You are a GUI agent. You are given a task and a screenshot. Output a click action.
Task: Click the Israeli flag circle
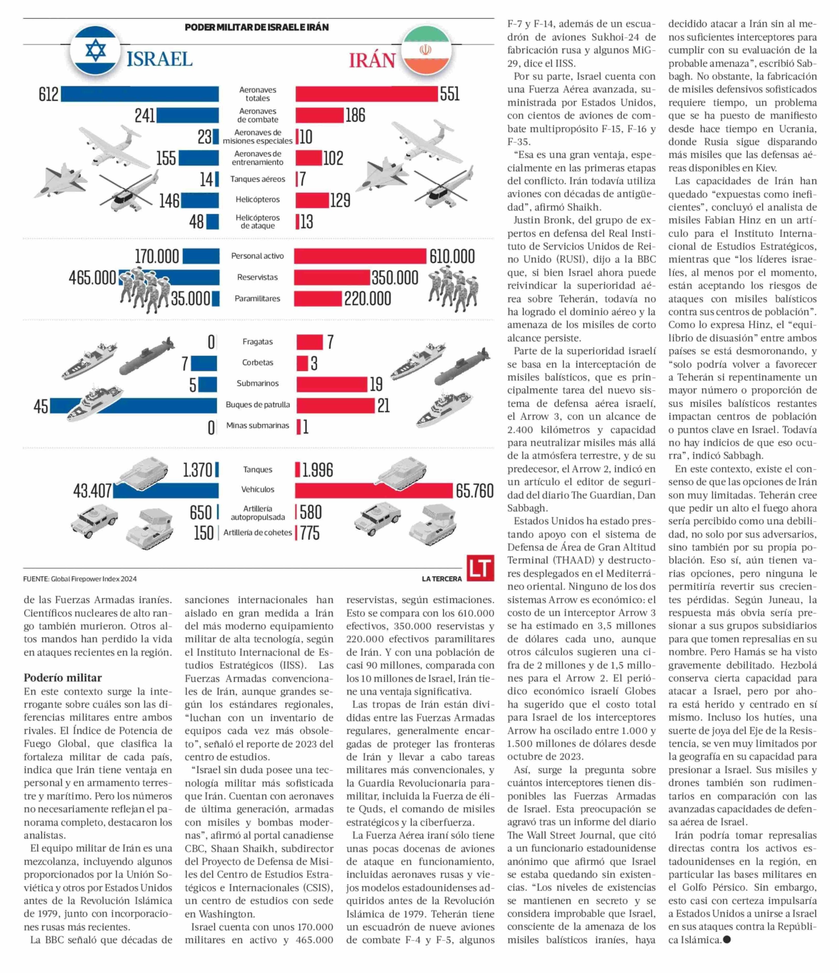(96, 50)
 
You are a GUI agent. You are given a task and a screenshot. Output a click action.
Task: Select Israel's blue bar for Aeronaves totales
(140, 94)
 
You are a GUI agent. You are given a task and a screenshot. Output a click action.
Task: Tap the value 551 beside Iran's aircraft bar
(450, 94)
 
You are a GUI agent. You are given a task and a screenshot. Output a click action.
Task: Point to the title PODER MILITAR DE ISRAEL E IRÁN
(257, 27)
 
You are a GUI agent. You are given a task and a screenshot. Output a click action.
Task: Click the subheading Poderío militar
(63, 678)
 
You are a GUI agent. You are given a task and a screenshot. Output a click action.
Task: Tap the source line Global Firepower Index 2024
(80, 579)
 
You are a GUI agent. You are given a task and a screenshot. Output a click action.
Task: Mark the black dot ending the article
(727, 940)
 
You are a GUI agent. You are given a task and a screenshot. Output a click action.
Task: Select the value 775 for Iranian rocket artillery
(310, 533)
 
